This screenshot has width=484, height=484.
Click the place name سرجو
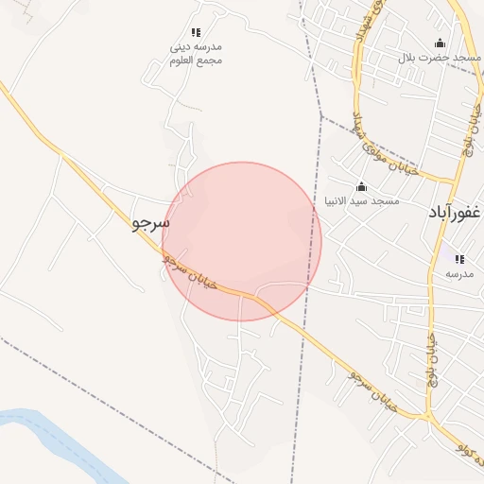click(x=150, y=224)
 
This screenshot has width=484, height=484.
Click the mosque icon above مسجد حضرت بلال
click(x=439, y=43)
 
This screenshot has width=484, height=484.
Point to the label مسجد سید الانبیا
click(x=362, y=200)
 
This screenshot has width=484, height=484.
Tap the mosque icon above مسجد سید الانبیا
click(x=360, y=186)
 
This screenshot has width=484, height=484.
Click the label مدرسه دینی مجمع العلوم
click(x=197, y=53)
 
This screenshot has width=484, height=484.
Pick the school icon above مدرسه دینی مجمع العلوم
click(x=196, y=33)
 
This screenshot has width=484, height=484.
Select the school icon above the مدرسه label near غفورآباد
click(x=459, y=259)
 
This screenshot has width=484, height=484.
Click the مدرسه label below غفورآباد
click(x=459, y=274)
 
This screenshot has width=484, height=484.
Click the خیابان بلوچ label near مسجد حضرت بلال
click(x=470, y=128)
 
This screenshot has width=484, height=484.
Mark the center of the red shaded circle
click(x=242, y=241)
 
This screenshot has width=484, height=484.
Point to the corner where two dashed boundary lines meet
click(x=322, y=117)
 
